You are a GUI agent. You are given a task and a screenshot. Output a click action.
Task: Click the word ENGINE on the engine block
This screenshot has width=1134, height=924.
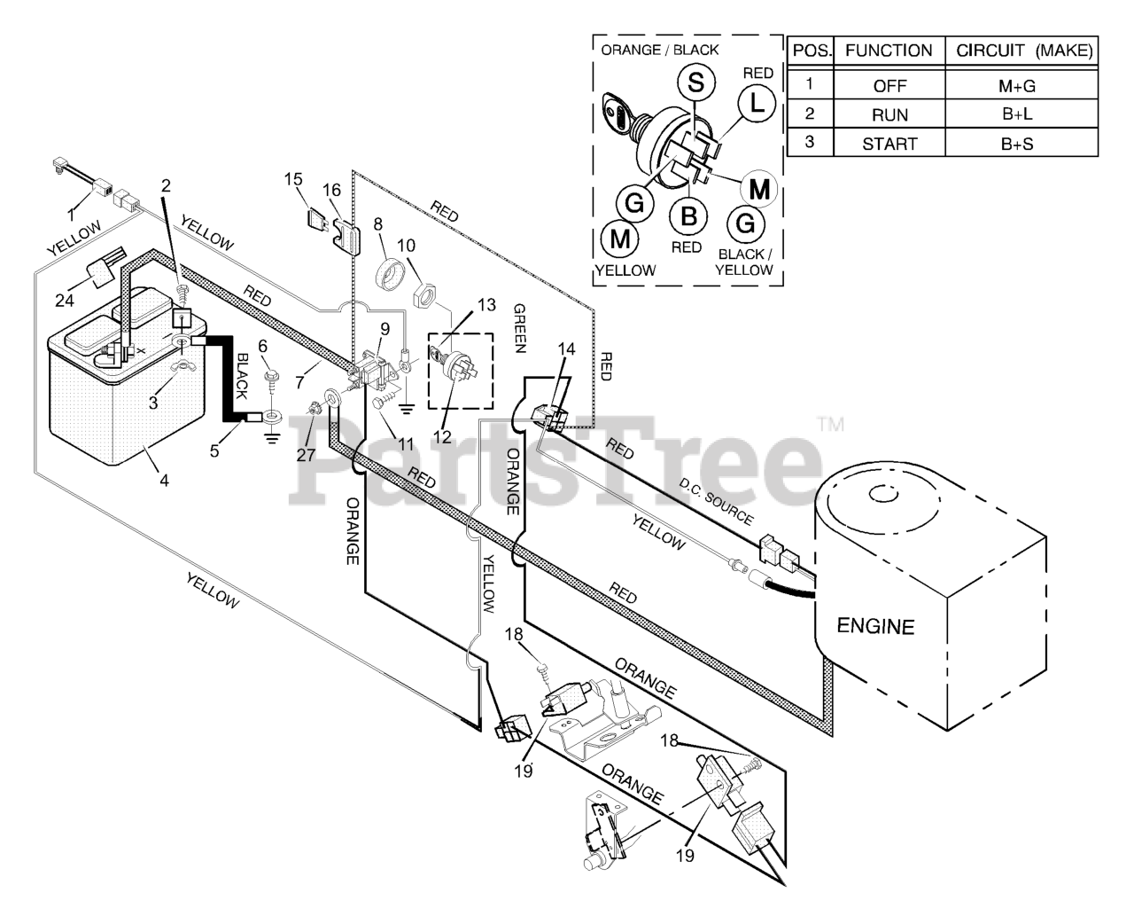click(x=875, y=626)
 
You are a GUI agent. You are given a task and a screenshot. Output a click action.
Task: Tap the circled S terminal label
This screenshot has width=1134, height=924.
click(x=696, y=83)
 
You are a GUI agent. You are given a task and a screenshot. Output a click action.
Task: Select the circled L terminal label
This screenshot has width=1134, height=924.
click(x=755, y=105)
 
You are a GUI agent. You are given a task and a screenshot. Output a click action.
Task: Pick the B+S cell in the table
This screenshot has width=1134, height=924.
click(x=1017, y=144)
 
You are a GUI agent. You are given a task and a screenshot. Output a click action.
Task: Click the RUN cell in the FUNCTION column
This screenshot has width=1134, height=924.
click(x=889, y=114)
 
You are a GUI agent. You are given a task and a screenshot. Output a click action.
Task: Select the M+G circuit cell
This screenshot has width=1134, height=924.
click(x=1017, y=86)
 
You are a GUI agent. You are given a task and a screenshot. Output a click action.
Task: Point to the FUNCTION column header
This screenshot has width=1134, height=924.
click(x=889, y=51)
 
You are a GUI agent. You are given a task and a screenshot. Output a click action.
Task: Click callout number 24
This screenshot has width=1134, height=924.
click(x=64, y=301)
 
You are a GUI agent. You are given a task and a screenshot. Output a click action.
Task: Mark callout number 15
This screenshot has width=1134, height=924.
click(x=293, y=180)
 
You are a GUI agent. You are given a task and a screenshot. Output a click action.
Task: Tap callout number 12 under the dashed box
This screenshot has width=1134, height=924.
click(x=442, y=436)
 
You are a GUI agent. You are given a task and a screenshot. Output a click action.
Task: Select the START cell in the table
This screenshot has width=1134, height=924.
click(x=889, y=144)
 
